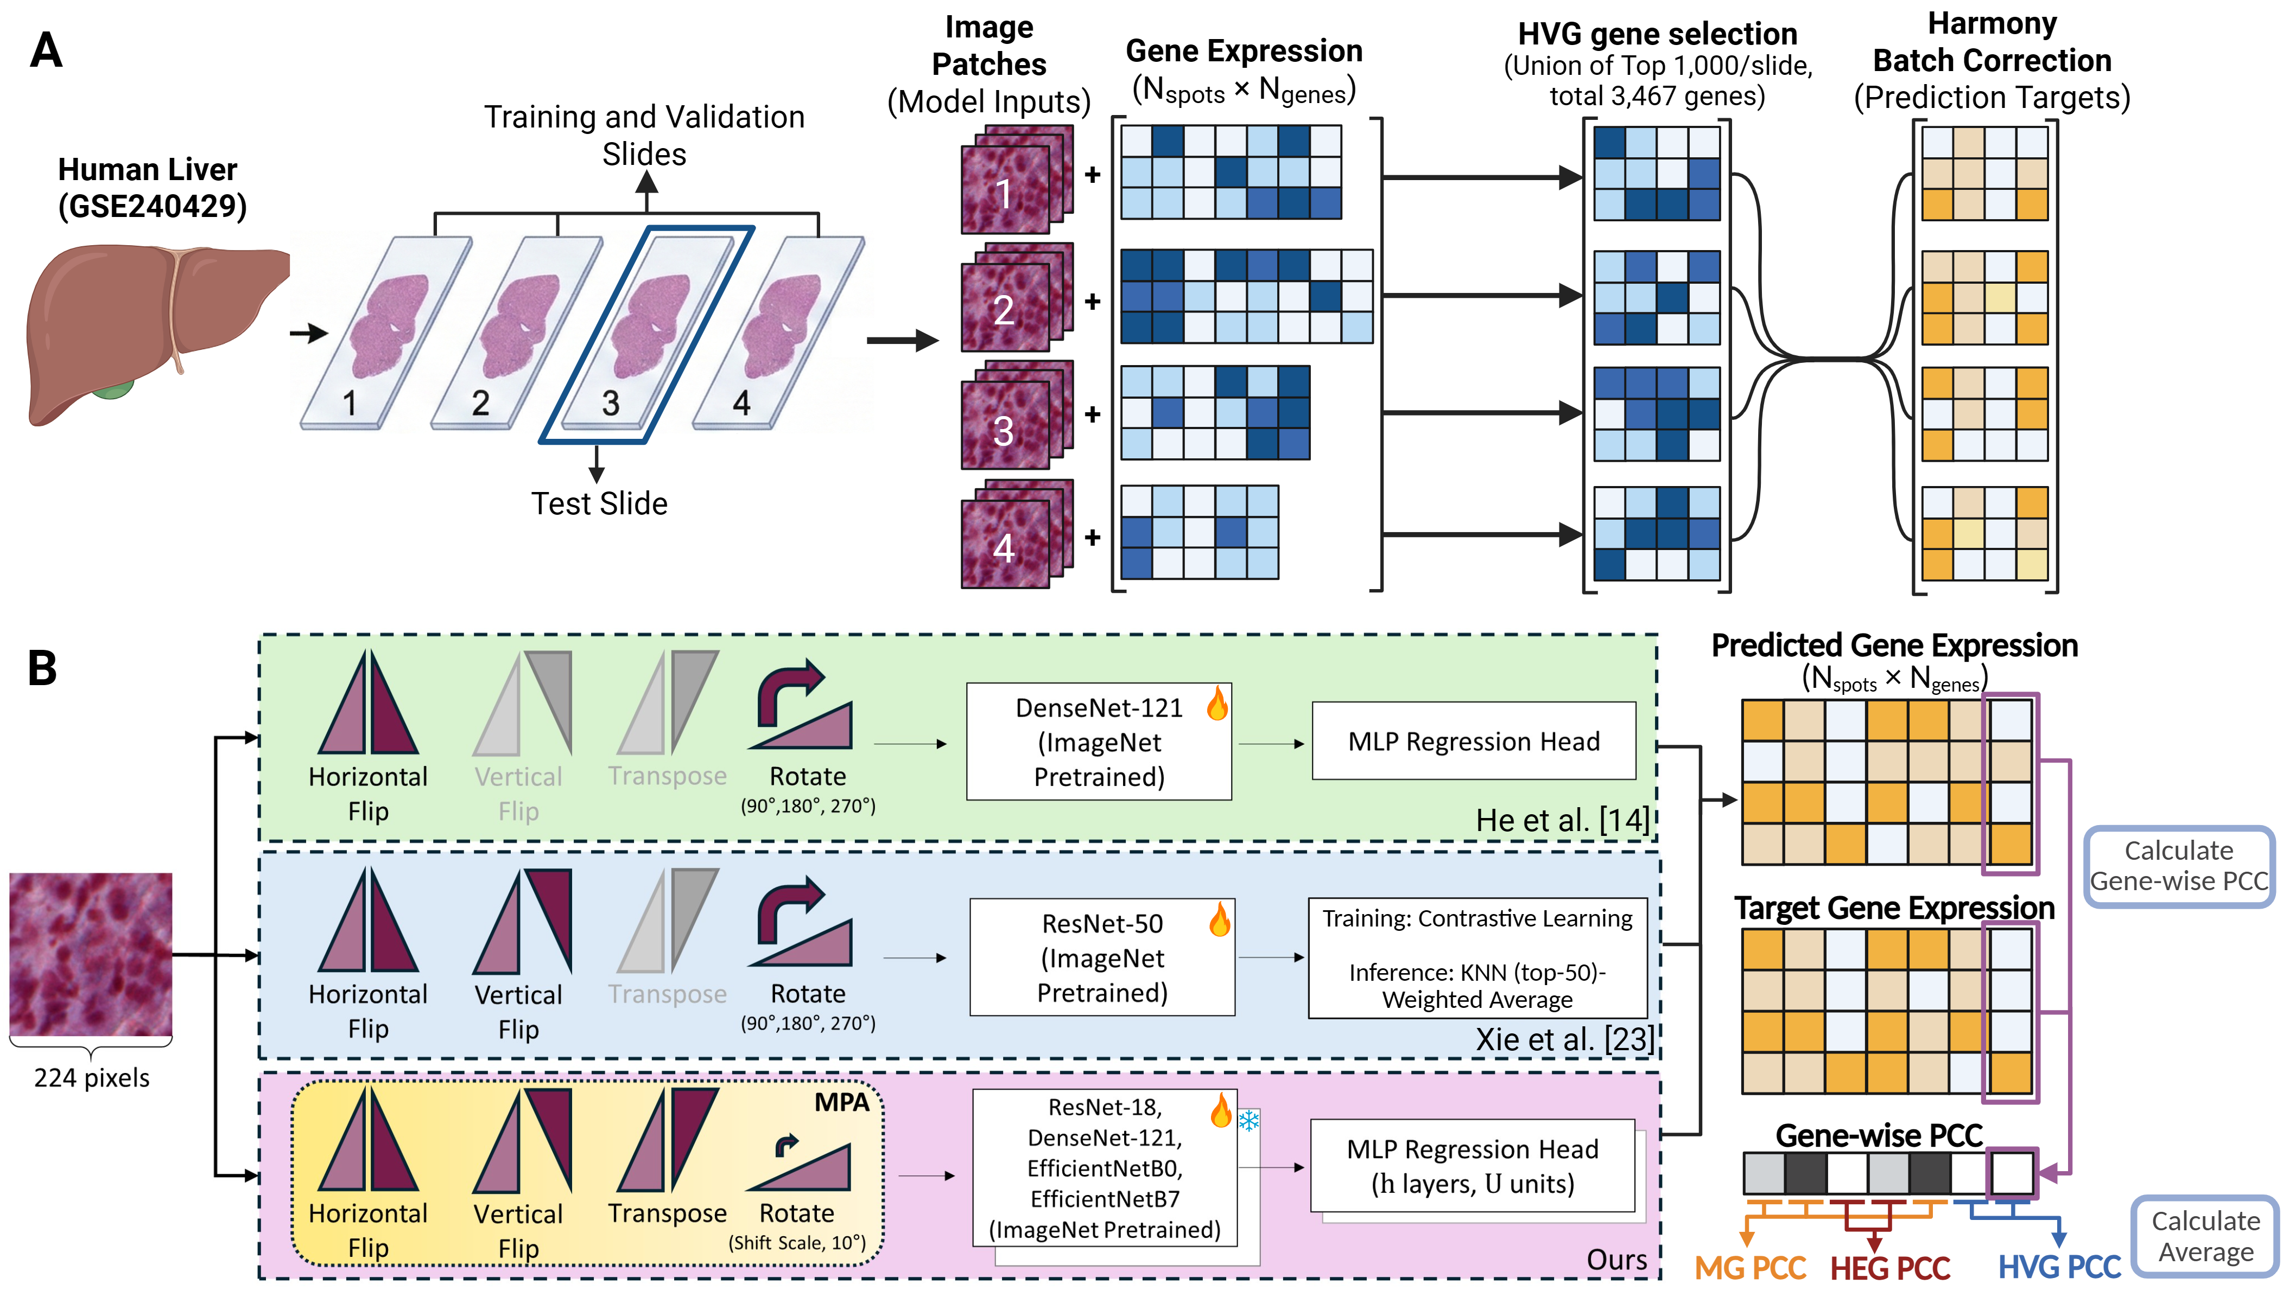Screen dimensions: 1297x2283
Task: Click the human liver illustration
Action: pos(151,330)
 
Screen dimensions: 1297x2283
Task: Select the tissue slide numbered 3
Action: pos(646,334)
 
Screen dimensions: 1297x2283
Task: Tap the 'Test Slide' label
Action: pos(599,504)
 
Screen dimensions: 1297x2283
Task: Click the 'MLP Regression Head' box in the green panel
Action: pos(1473,741)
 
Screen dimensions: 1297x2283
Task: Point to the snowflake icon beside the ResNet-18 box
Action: pos(1248,1121)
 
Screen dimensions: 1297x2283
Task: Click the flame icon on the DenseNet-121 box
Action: pos(1216,704)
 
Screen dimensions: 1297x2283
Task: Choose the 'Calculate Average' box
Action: pos(2205,1236)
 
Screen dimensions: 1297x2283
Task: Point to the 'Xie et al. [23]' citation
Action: pos(1564,1039)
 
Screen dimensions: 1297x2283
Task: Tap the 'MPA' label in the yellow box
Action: pos(840,1103)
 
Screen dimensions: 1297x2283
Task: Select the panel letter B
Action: pos(43,668)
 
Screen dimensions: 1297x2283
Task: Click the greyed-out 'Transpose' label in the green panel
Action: pos(668,776)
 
